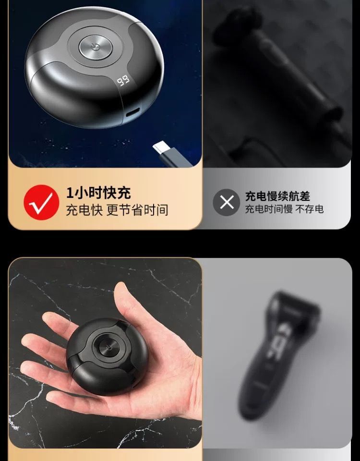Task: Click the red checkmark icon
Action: click(x=41, y=202)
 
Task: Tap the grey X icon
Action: click(x=226, y=202)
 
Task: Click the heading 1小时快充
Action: click(x=98, y=193)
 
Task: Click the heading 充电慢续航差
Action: click(x=277, y=196)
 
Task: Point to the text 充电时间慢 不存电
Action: click(x=284, y=209)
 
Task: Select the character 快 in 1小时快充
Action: click(x=110, y=193)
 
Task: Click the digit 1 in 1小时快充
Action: click(x=70, y=193)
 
